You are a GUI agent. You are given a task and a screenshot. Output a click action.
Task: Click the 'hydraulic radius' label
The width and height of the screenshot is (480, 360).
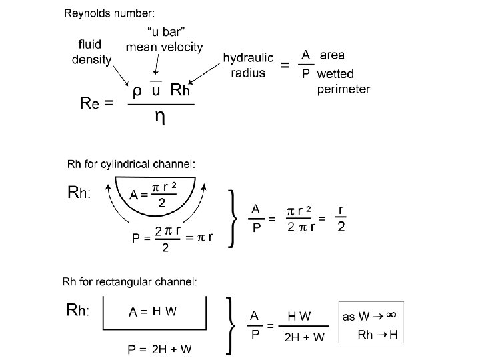[248, 65]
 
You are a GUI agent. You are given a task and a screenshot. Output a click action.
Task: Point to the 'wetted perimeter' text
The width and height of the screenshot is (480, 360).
[343, 81]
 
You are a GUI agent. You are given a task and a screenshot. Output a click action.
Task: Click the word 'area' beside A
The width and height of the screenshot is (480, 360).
[333, 55]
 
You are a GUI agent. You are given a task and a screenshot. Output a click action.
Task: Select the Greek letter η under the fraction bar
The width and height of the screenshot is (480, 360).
[161, 116]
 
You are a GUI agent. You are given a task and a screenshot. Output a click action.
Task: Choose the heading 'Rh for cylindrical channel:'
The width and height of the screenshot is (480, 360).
[131, 164]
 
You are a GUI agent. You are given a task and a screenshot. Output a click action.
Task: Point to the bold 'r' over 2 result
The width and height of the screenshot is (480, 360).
[341, 210]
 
